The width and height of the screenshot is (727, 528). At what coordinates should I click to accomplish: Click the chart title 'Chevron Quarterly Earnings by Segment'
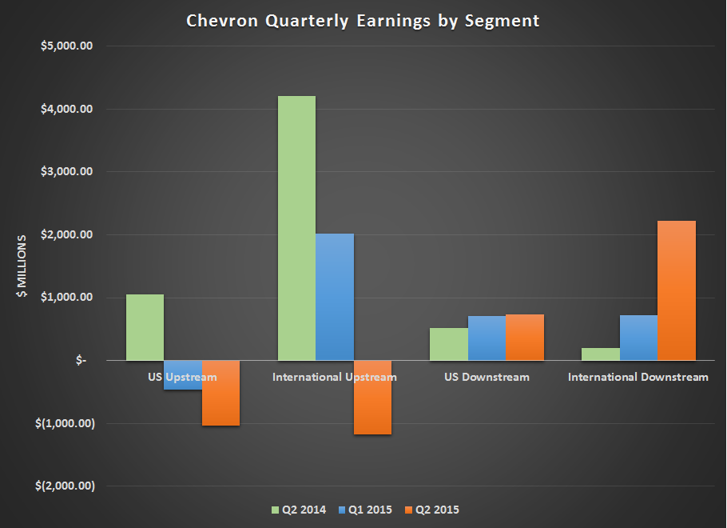click(x=363, y=21)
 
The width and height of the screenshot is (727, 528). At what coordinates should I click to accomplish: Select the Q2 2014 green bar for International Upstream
click(x=296, y=228)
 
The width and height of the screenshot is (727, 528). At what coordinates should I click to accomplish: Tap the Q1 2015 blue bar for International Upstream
click(x=335, y=297)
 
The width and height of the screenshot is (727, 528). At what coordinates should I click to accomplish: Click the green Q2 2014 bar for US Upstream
click(x=145, y=327)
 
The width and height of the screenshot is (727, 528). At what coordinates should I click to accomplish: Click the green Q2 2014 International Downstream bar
click(x=601, y=354)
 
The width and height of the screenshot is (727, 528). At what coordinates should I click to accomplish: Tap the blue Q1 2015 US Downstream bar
click(x=487, y=338)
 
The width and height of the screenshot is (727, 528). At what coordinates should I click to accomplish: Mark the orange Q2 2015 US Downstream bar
click(x=525, y=337)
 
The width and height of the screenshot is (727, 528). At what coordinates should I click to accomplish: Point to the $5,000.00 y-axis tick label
click(x=68, y=46)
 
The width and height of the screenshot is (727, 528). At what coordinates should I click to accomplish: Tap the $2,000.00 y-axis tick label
click(x=68, y=234)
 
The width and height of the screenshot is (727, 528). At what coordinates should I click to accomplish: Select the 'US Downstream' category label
click(x=487, y=377)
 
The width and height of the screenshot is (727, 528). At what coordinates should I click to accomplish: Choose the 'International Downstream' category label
click(x=638, y=377)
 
